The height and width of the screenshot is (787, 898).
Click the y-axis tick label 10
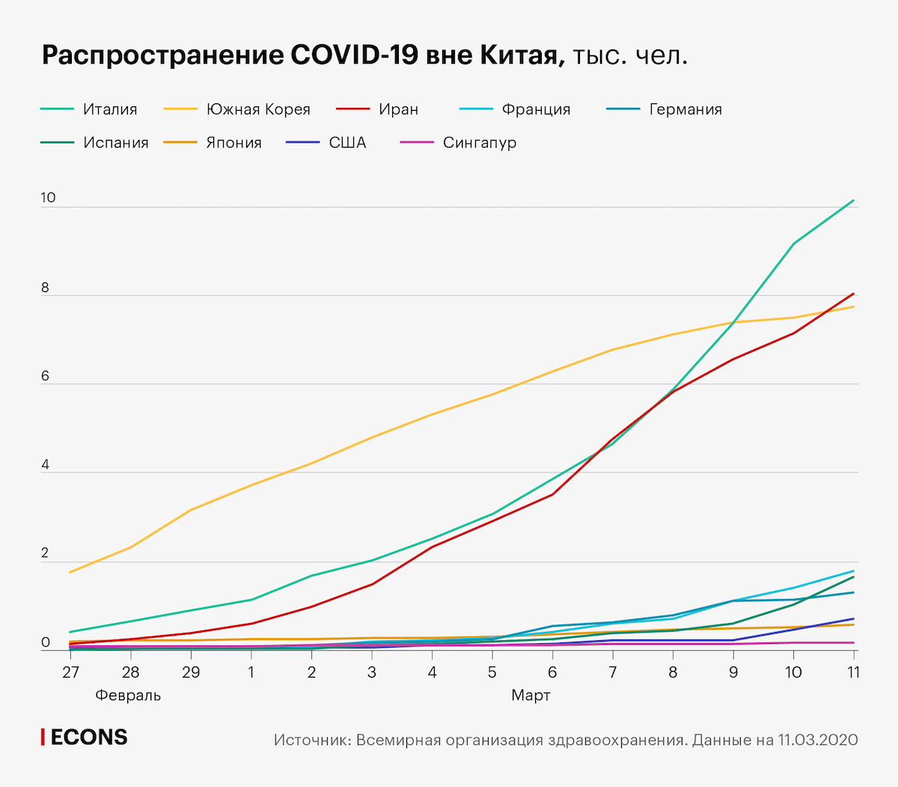click(x=48, y=198)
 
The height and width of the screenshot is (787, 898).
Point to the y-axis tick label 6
click(x=45, y=376)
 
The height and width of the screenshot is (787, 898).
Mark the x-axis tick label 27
click(x=70, y=672)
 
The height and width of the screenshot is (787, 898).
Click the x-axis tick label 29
click(x=191, y=672)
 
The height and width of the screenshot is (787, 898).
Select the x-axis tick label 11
click(x=853, y=672)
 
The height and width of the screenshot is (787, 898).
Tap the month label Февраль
click(x=128, y=696)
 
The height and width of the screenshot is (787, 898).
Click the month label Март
click(x=531, y=696)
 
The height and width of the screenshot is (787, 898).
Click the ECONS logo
click(x=84, y=738)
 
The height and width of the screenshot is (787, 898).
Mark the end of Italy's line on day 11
click(x=854, y=201)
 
